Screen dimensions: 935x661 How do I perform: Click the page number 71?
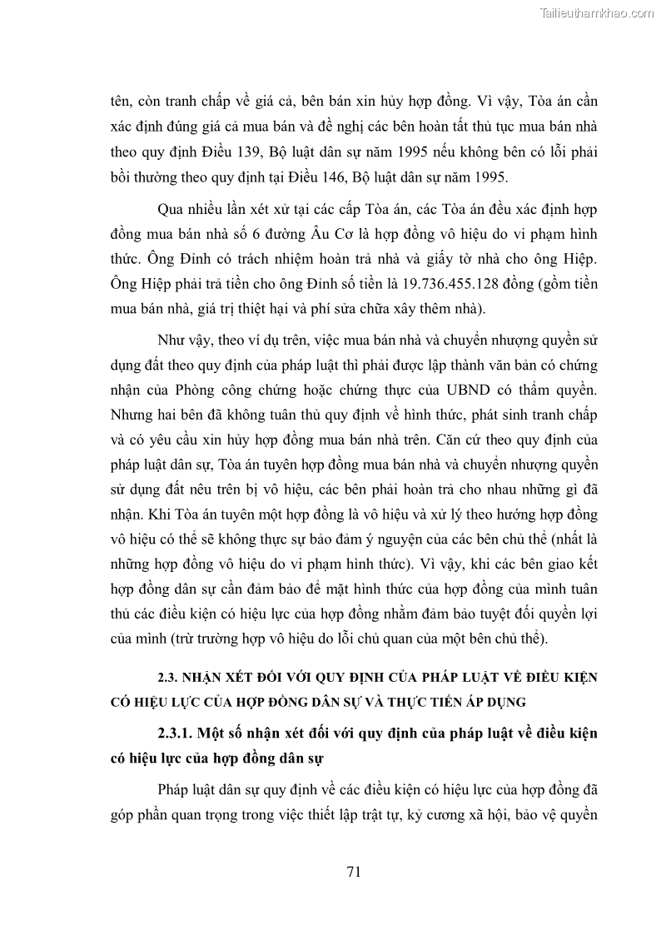(352, 872)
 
